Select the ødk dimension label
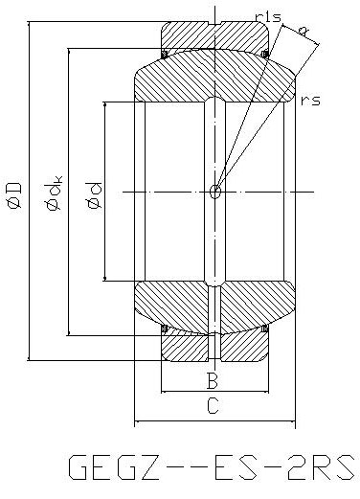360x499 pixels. click(x=54, y=193)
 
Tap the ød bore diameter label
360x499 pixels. click(x=95, y=195)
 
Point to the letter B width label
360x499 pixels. click(x=213, y=380)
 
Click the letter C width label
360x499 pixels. click(x=213, y=406)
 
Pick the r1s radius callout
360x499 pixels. click(x=269, y=16)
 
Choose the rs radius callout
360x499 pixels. click(x=310, y=101)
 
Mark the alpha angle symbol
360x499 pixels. click(x=304, y=31)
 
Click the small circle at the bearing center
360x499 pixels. click(x=215, y=192)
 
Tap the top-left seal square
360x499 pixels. click(x=165, y=55)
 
